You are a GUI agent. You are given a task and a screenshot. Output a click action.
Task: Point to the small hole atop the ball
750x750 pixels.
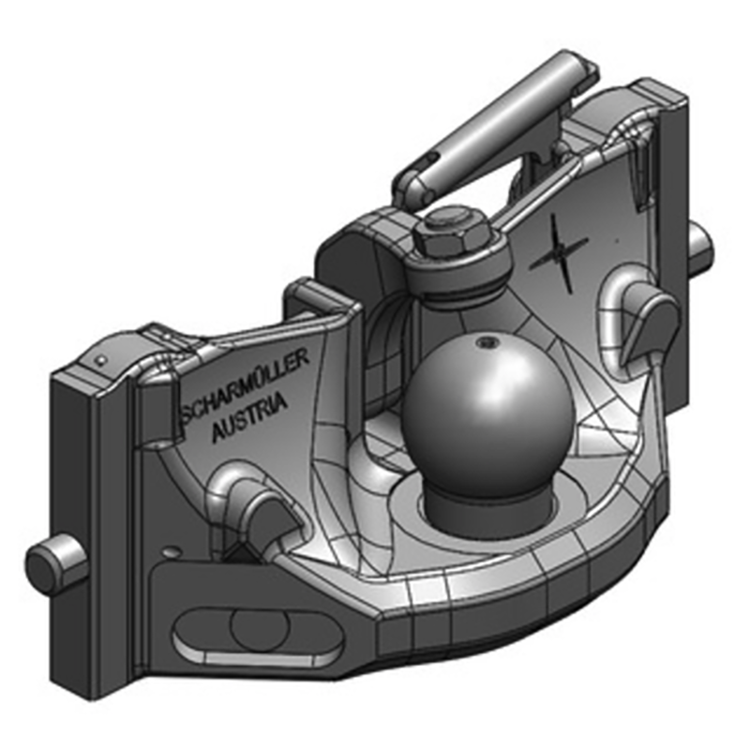point(486,344)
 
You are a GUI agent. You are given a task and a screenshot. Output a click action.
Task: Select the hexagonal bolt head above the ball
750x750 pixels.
point(448,235)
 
